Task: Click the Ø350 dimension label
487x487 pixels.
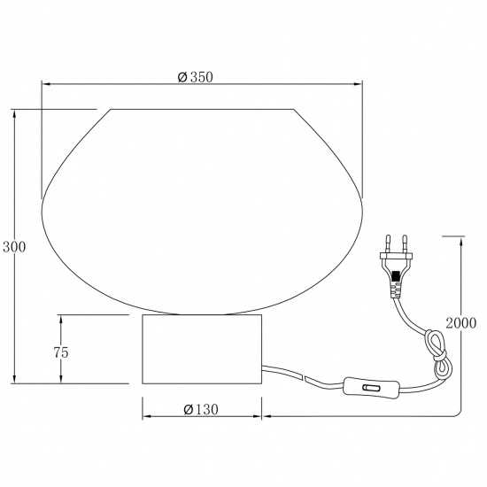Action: coord(196,77)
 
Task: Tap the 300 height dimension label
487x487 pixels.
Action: coord(14,247)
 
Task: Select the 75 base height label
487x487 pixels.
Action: coord(61,352)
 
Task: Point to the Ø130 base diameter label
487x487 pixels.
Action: coord(201,409)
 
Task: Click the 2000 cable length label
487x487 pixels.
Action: coord(461,323)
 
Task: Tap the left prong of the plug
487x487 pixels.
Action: coord(388,243)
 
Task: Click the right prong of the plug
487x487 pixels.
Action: coord(405,243)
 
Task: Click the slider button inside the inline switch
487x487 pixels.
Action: coord(371,388)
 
